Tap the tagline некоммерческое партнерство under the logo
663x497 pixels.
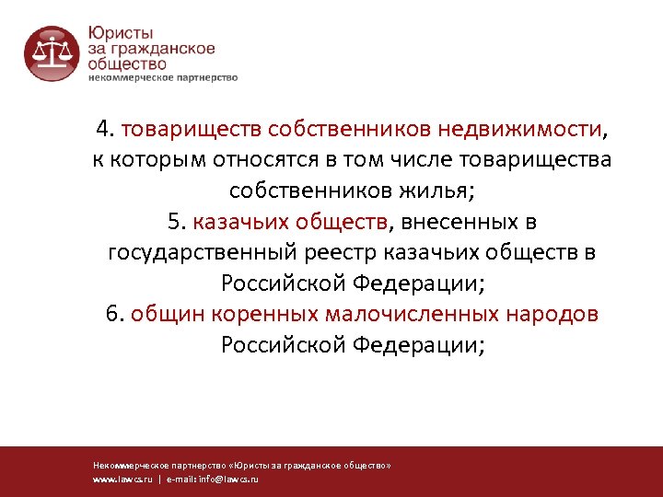[162, 77]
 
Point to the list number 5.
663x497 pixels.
[176, 222]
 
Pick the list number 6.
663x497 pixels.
[114, 315]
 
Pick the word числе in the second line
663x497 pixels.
[434, 160]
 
